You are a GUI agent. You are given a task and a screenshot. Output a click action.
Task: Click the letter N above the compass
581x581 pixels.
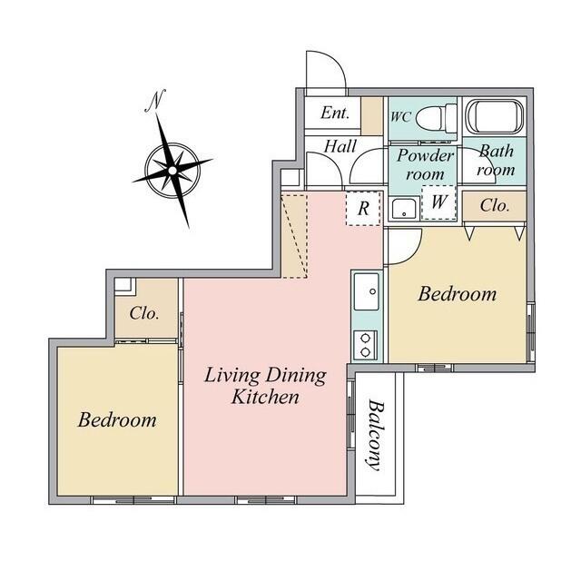click(x=155, y=100)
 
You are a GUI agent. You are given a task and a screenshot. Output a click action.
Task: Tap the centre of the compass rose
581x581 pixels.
click(x=172, y=171)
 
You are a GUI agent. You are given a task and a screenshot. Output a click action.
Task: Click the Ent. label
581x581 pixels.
click(x=335, y=113)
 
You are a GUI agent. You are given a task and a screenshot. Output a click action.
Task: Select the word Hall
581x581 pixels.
click(x=340, y=146)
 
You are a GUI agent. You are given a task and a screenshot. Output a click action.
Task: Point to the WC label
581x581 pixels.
click(x=400, y=117)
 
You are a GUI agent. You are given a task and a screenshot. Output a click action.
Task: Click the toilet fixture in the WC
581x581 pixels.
click(x=436, y=117)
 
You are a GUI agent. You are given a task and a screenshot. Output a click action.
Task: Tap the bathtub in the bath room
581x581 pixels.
click(x=494, y=117)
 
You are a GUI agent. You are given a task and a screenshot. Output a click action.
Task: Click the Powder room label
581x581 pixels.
click(x=425, y=164)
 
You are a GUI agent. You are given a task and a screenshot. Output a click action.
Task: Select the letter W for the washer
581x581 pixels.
click(x=439, y=202)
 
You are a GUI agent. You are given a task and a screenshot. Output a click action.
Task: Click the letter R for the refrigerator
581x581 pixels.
click(x=363, y=209)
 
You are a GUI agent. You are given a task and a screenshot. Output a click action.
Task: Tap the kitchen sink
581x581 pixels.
click(x=367, y=292)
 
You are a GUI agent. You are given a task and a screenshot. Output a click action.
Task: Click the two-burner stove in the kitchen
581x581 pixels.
click(x=365, y=345)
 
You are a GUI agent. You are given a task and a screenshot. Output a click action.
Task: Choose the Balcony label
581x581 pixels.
click(x=375, y=435)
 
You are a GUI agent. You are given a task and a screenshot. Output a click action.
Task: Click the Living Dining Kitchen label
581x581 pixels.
click(x=265, y=386)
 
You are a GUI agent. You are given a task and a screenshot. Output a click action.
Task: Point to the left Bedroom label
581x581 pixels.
click(x=117, y=419)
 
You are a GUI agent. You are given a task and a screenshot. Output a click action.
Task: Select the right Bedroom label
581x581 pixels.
click(x=458, y=294)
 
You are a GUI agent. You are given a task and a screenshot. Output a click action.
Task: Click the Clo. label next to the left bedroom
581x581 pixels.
click(x=144, y=313)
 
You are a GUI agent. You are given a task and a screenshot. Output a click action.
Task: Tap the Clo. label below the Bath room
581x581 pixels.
click(x=494, y=205)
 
